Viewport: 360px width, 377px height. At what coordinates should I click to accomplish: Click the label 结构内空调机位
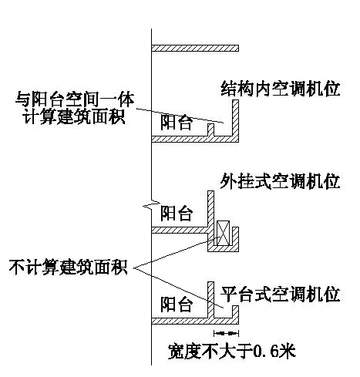[281, 89]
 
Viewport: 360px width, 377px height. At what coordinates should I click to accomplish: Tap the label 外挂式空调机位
[280, 181]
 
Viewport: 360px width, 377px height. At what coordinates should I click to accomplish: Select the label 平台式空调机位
[280, 294]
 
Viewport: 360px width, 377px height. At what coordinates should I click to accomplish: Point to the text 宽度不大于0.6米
[232, 351]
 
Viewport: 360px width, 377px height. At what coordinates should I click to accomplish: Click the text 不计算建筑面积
[69, 268]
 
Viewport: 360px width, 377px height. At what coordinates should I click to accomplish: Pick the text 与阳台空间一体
[75, 99]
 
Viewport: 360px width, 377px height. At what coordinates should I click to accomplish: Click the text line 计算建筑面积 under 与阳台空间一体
[74, 116]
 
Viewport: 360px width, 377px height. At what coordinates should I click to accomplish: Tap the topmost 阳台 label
[177, 123]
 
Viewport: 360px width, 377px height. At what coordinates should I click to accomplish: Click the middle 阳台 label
[177, 213]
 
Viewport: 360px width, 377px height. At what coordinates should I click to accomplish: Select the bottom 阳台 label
[177, 304]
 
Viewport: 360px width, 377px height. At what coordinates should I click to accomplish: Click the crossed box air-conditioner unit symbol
[223, 233]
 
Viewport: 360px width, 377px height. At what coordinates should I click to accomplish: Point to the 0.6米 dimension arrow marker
[226, 333]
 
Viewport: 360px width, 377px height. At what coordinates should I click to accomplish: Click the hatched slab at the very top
[195, 48]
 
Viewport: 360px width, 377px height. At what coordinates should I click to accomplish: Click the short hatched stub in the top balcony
[210, 130]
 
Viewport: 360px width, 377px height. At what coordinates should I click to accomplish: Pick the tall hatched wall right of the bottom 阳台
[210, 300]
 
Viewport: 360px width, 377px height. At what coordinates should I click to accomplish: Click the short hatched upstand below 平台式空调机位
[236, 311]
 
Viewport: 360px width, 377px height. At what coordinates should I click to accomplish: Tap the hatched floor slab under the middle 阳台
[180, 230]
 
